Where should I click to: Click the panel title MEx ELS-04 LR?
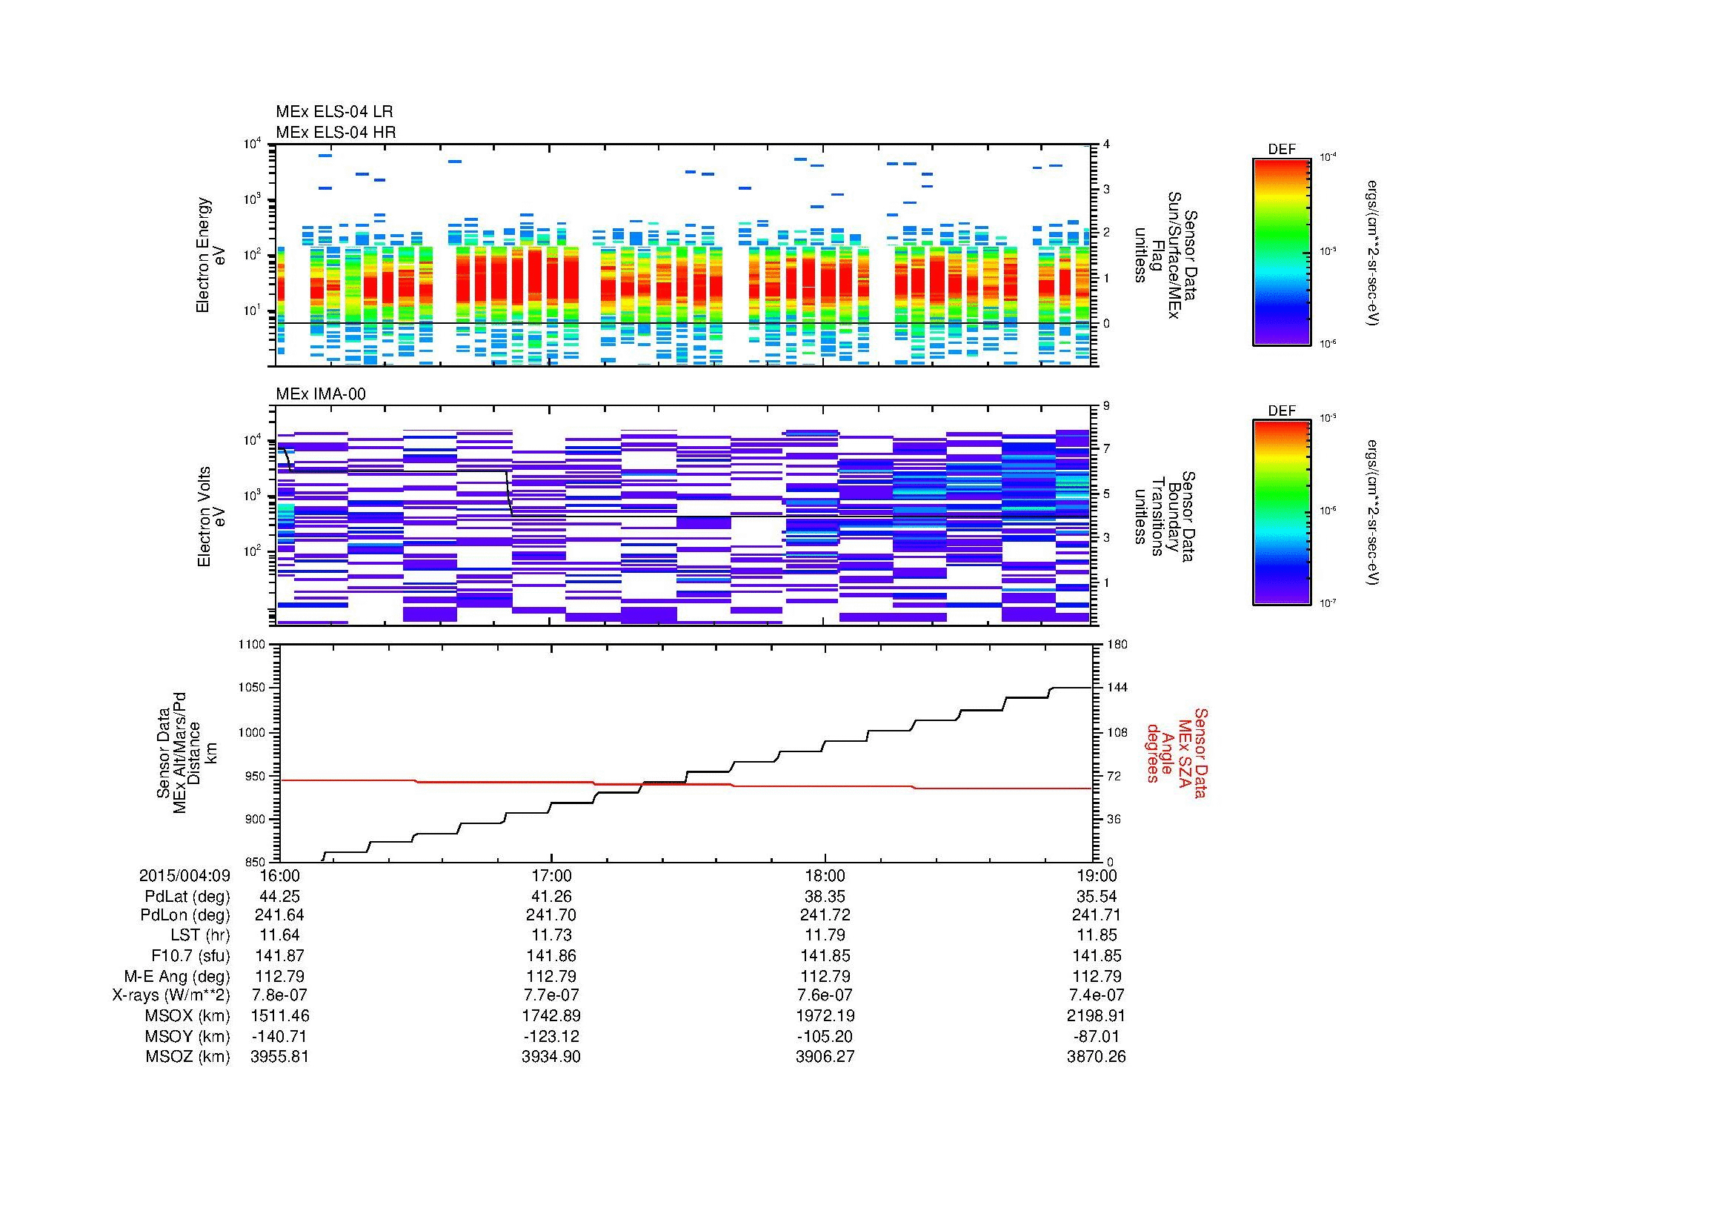pyautogui.click(x=333, y=112)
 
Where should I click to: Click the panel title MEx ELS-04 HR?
pyautogui.click(x=335, y=132)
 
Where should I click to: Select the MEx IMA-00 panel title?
pyautogui.click(x=320, y=394)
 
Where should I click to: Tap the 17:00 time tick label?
pyautogui.click(x=552, y=875)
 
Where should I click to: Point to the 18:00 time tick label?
pyautogui.click(x=825, y=875)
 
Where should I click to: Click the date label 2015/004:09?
pyautogui.click(x=184, y=875)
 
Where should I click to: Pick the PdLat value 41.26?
pyautogui.click(x=552, y=897)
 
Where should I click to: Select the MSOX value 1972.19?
pyautogui.click(x=825, y=1016)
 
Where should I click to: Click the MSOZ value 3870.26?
pyautogui.click(x=1096, y=1057)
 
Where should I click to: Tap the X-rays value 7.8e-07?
pyautogui.click(x=279, y=995)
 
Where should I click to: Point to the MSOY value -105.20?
pyautogui.click(x=825, y=1036)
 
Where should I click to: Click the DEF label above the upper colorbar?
pyautogui.click(x=1282, y=150)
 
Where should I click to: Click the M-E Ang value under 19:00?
pyautogui.click(x=1096, y=976)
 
